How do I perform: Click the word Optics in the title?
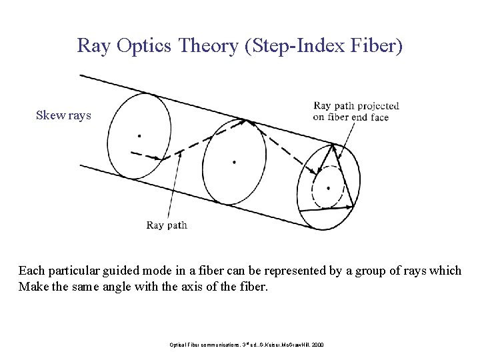(143, 46)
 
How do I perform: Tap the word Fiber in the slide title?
(379, 46)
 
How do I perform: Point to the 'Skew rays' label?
(63, 115)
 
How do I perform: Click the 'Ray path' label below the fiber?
(167, 225)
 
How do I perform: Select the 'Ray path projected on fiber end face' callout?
(356, 111)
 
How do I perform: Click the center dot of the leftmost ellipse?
(139, 135)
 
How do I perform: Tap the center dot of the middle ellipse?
(234, 161)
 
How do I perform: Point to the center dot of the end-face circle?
(328, 188)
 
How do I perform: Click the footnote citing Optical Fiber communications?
(246, 344)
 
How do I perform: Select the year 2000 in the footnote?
(316, 344)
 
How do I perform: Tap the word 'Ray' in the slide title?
(93, 46)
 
